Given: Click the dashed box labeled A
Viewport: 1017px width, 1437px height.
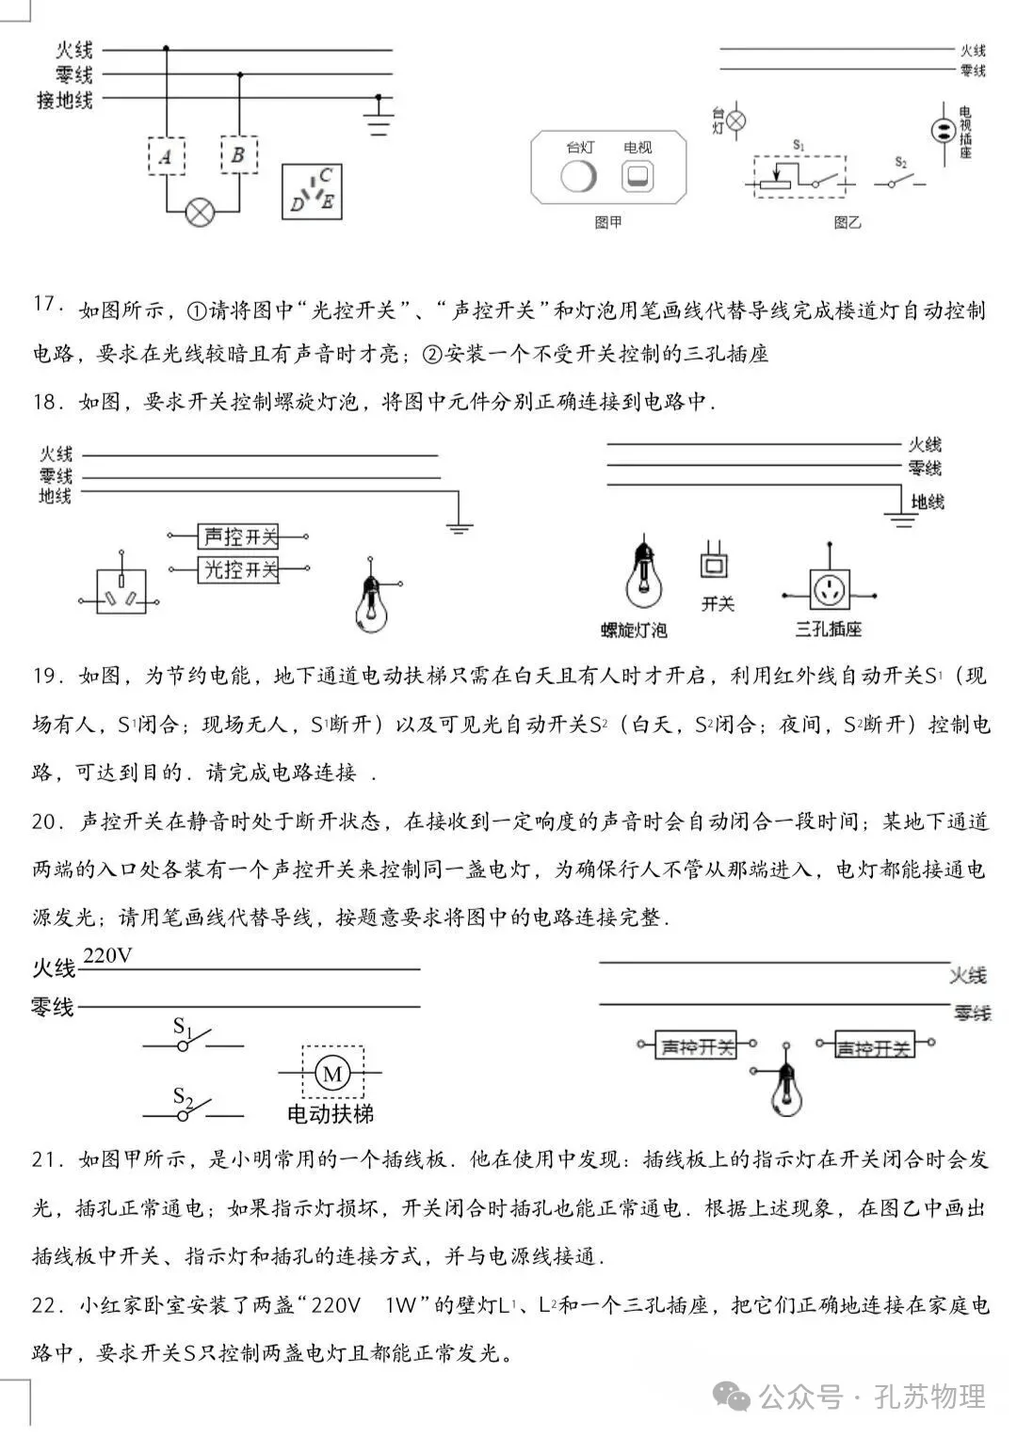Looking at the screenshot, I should click(x=167, y=155).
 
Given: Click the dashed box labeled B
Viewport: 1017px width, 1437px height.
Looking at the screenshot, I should click(x=238, y=154).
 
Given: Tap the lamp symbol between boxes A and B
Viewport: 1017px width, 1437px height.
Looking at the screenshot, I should click(x=200, y=212).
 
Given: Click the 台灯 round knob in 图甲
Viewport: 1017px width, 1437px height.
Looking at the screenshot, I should click(x=578, y=176).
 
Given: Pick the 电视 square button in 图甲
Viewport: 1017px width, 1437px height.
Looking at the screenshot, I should click(x=638, y=176).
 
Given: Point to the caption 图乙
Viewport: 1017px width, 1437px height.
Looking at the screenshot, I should click(x=847, y=223).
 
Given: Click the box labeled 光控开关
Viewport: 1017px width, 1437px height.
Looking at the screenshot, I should click(x=241, y=569).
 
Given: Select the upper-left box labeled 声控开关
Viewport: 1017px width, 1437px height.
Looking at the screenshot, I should click(x=241, y=536).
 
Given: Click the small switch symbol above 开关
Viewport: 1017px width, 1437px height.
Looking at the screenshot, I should click(x=714, y=561).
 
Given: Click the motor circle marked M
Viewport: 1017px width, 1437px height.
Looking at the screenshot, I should click(x=331, y=1073).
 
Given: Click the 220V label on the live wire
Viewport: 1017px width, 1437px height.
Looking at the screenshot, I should click(x=108, y=956).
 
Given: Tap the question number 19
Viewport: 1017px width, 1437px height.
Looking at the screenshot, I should click(x=46, y=676).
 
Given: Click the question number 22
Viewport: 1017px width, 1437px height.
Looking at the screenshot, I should click(x=46, y=1305).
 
